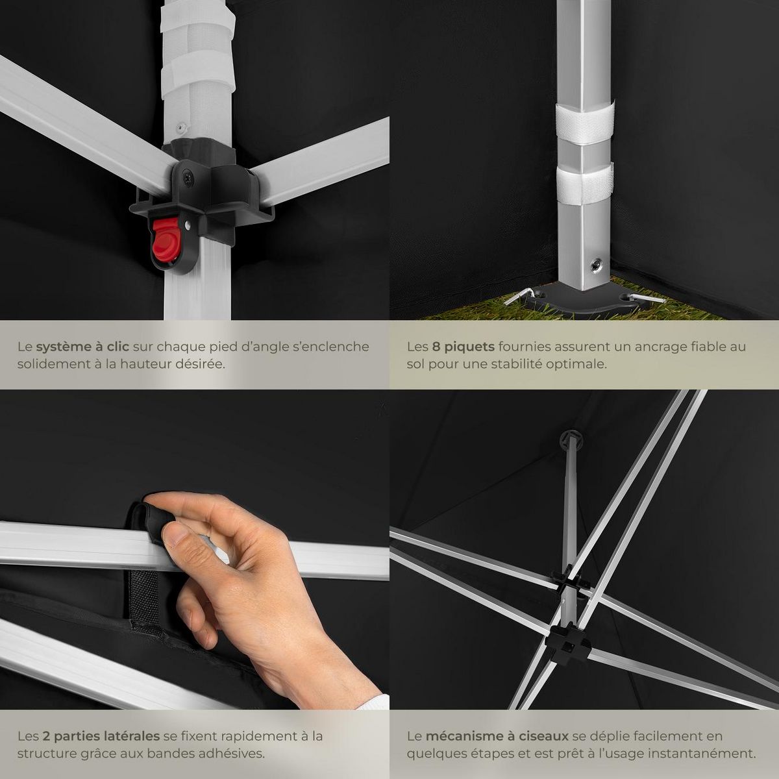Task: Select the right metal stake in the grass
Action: click(x=647, y=298)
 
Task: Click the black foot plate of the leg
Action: click(x=582, y=299)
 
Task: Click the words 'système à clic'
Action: click(x=82, y=347)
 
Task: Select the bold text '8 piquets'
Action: click(x=464, y=347)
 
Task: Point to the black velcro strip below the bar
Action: click(x=143, y=597)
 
